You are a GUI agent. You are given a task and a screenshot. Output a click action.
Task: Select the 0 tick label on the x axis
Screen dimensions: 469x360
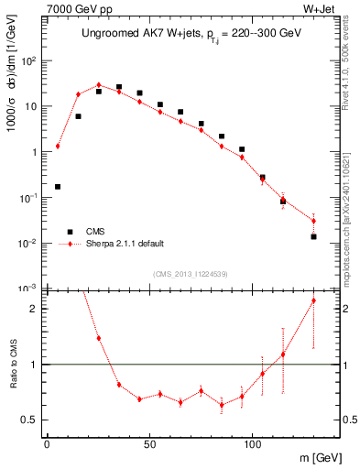pos(47,445)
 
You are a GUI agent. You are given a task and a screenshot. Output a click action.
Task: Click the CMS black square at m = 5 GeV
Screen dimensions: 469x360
pos(58,187)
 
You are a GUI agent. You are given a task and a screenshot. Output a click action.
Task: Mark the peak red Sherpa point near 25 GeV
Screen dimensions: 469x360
pos(99,85)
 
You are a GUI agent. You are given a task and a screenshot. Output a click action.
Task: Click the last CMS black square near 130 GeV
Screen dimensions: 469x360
pos(313,236)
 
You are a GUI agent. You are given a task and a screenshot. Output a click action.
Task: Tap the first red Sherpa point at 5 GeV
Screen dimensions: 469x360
pos(58,146)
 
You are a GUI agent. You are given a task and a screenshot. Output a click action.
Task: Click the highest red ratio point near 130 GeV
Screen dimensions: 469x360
pos(313,300)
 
